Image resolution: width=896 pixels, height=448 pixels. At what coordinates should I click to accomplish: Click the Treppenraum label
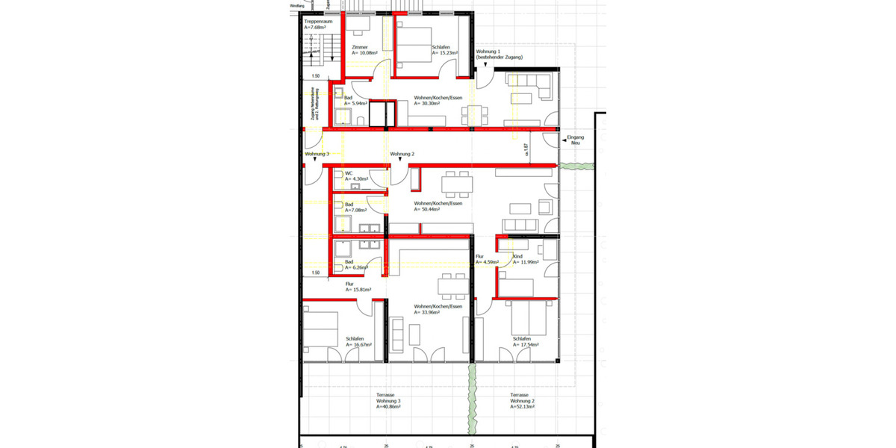point(318,22)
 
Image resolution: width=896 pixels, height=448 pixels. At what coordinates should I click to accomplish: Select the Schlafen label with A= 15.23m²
point(441,48)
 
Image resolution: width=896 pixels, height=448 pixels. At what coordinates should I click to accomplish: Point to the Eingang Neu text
point(575,140)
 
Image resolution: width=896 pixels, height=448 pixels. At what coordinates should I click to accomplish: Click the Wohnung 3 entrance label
point(317,154)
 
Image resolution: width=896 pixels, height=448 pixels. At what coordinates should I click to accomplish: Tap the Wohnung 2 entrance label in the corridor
point(402,154)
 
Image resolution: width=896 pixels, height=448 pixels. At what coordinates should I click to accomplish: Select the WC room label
point(348,173)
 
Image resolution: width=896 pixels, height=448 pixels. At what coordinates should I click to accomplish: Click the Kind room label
point(517,256)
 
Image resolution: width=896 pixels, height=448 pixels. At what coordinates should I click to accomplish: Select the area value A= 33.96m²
point(430,312)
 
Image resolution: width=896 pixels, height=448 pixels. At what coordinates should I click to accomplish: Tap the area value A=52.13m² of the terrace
point(523,407)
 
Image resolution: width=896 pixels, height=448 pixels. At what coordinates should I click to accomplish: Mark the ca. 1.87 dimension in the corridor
point(526,150)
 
